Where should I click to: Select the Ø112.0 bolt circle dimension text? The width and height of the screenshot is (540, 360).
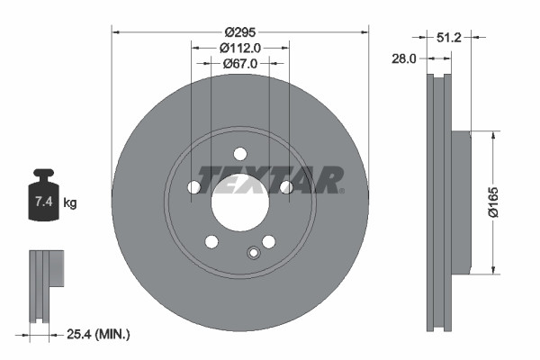(240, 48)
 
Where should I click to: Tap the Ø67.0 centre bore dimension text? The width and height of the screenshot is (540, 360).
(240, 64)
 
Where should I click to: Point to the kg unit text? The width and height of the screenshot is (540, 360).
(70, 203)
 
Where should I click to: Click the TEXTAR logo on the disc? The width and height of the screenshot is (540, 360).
(271, 179)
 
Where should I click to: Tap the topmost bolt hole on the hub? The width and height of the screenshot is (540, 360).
(240, 153)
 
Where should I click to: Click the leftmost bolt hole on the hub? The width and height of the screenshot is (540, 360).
(194, 187)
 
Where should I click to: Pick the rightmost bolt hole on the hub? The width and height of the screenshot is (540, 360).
(286, 187)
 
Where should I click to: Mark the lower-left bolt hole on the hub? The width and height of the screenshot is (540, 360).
(211, 241)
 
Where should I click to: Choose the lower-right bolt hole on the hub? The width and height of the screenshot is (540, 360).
(268, 241)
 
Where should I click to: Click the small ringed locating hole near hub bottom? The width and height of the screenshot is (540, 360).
(253, 252)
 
